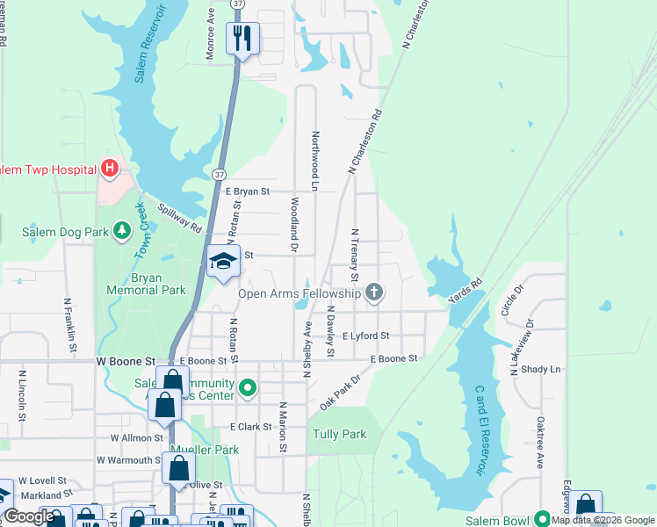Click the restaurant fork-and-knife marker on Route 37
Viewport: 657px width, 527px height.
point(243,38)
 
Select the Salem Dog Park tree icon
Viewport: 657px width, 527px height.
point(122,232)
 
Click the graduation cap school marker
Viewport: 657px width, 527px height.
point(224,261)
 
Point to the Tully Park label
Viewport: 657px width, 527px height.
point(339,434)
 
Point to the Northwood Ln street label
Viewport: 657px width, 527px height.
point(314,161)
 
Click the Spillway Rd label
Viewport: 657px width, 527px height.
point(180,217)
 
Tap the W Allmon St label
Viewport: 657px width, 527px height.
point(137,437)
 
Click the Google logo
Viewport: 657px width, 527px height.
point(30,516)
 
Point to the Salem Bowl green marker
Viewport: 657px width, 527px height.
point(542,519)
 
